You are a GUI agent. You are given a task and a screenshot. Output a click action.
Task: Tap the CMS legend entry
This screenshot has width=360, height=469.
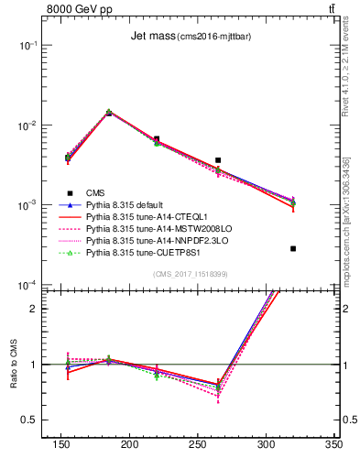95,192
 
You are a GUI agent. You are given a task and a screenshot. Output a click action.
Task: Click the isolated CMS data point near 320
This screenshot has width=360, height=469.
293,248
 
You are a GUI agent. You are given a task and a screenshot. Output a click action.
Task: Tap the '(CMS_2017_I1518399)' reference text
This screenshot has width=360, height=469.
191,274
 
